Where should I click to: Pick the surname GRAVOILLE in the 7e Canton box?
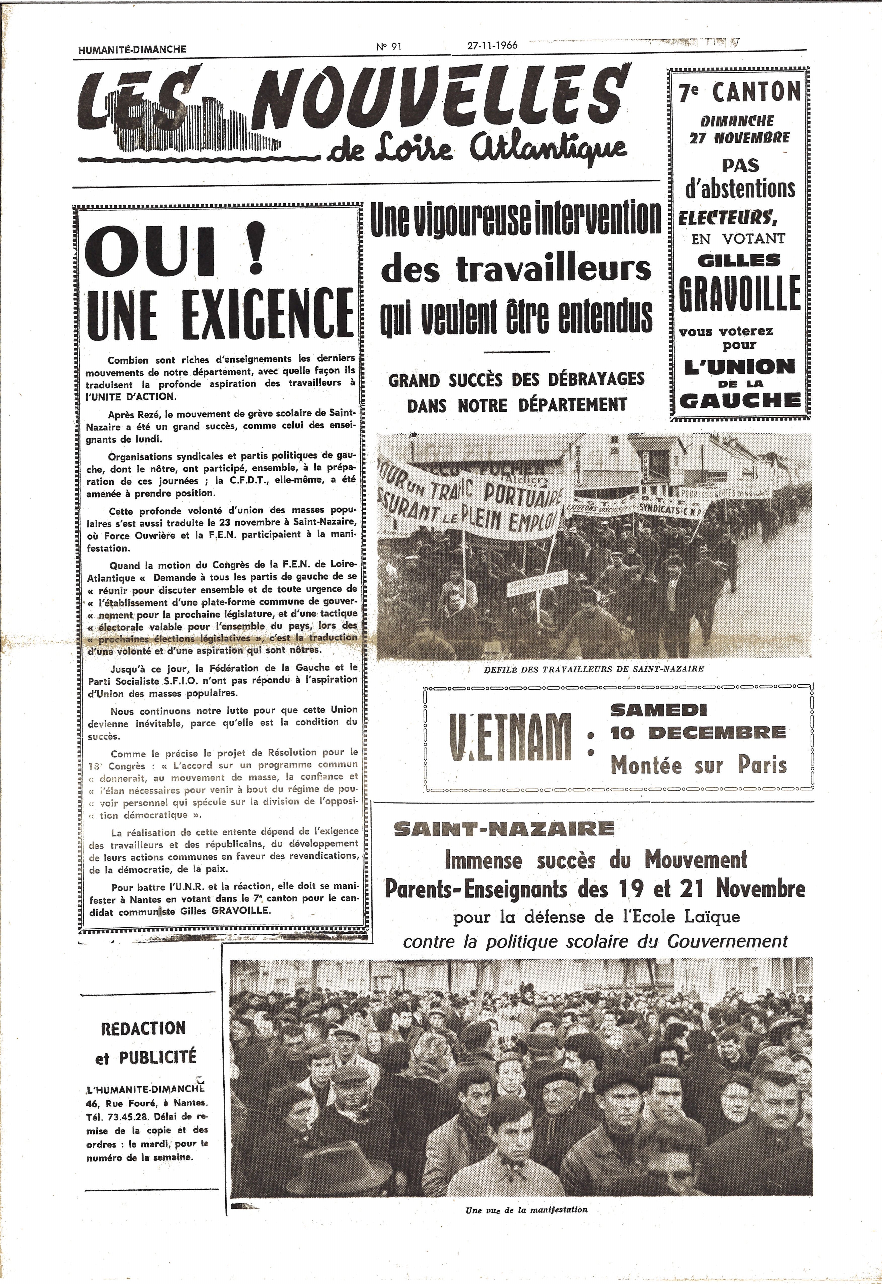(739, 293)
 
